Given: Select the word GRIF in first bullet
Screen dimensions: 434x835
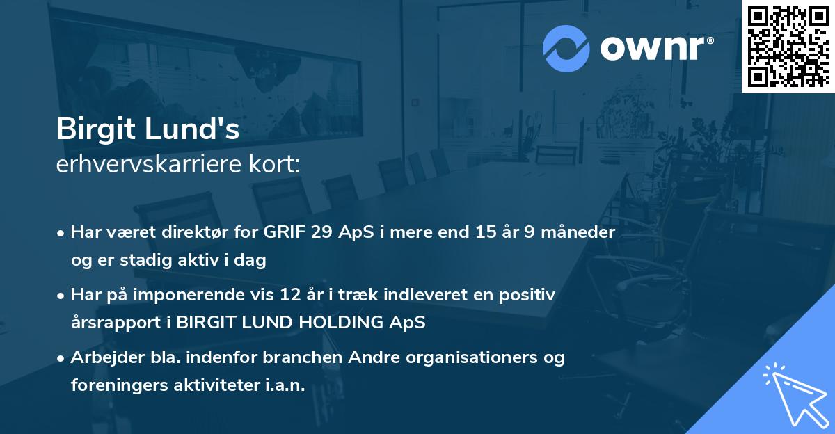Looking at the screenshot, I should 284,232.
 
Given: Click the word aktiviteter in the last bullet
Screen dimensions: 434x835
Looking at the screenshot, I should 221,385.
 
